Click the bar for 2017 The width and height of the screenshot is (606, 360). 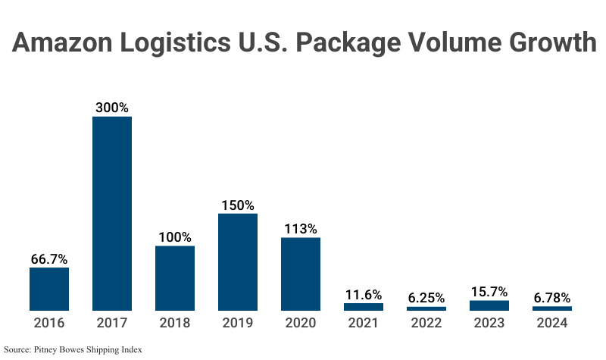(112, 213)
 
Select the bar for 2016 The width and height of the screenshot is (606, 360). (49, 289)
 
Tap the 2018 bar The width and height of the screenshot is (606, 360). (175, 278)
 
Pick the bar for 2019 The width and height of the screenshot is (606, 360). (238, 261)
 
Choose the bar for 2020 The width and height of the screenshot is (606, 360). (301, 274)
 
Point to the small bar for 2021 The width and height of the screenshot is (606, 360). (364, 307)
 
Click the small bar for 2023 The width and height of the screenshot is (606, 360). (489, 305)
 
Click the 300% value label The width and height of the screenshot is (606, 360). (112, 108)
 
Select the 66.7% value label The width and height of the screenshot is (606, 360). (49, 258)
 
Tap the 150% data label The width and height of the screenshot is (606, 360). (238, 205)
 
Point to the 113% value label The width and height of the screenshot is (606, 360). (301, 229)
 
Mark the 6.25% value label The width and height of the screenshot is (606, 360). (426, 298)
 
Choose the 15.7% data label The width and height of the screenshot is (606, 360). (489, 292)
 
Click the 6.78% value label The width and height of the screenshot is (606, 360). (552, 298)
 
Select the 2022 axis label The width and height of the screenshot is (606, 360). (426, 323)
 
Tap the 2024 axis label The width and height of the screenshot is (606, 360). (552, 323)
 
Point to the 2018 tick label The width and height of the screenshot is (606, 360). (175, 323)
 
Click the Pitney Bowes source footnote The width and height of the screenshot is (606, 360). (73, 350)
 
